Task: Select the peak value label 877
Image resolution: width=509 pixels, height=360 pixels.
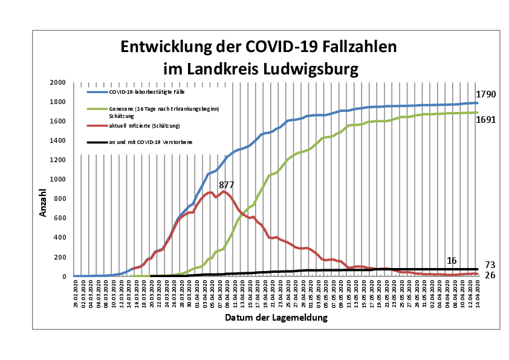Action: tap(226, 185)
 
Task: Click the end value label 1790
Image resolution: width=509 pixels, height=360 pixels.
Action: tap(485, 94)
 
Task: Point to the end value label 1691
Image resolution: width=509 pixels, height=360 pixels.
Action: tap(485, 119)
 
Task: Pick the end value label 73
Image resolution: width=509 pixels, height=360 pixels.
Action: tap(490, 265)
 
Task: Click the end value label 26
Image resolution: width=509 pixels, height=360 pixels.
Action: tap(490, 276)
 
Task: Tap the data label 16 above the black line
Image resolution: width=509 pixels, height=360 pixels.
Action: tap(452, 260)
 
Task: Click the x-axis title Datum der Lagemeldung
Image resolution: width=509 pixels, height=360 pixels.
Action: tap(276, 317)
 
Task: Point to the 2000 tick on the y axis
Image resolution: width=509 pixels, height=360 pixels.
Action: tap(58, 82)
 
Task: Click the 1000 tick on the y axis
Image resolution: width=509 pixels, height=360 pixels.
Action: tap(58, 180)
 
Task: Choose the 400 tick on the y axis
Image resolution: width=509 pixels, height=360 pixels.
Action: tap(60, 238)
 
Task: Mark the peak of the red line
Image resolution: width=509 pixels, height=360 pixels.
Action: tap(224, 191)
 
